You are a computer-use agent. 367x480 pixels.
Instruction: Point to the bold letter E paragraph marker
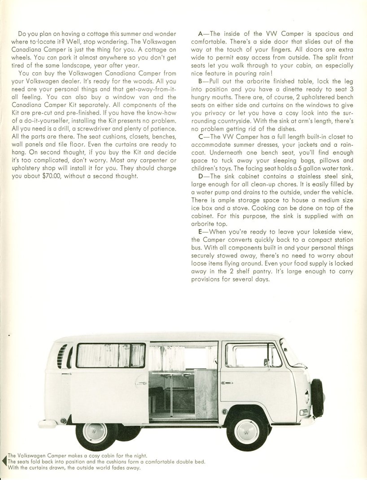(200, 231)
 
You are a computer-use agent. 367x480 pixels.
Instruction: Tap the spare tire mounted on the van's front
(317, 397)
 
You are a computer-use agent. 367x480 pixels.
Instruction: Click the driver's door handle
(227, 383)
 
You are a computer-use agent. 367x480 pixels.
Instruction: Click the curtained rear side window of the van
(110, 355)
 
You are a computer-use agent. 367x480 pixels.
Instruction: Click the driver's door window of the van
(253, 355)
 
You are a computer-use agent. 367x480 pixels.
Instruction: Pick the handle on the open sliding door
(142, 383)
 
